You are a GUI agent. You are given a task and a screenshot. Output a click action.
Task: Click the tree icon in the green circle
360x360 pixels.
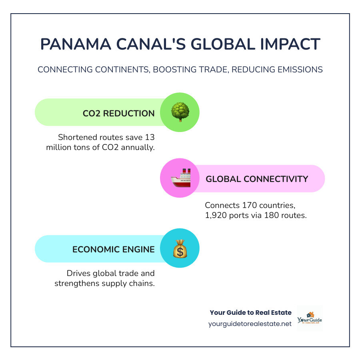(180, 112)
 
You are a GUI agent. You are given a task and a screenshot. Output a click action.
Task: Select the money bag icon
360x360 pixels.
(180, 248)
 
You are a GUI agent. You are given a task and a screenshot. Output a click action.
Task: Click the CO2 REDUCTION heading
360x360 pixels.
(119, 113)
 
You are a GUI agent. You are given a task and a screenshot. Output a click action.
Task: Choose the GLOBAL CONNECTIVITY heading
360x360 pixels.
(257, 179)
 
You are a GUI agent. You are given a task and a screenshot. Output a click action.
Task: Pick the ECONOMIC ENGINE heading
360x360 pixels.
(114, 249)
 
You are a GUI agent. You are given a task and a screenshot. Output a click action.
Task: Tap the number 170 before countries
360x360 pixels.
(248, 205)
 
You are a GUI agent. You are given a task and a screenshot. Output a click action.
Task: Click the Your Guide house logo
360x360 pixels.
(310, 318)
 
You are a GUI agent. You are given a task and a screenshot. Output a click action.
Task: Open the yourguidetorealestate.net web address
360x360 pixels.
(250, 324)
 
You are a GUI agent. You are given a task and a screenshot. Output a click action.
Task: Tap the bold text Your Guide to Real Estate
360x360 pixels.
(250, 312)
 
